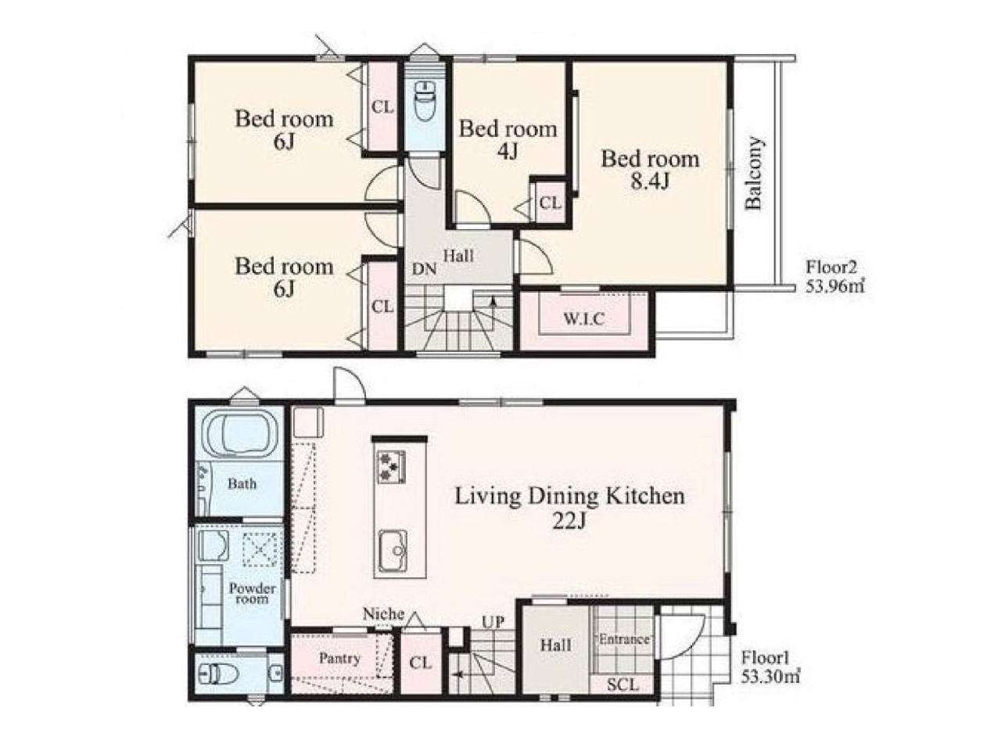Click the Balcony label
pyautogui.click(x=754, y=173)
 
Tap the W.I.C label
pyautogui.click(x=584, y=318)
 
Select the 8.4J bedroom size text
pyautogui.click(x=650, y=182)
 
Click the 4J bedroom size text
pyautogui.click(x=507, y=152)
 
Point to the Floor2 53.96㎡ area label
pyautogui.click(x=834, y=276)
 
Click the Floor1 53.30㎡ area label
pyautogui.click(x=770, y=667)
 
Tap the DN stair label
pyautogui.click(x=424, y=269)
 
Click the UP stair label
pyautogui.click(x=493, y=622)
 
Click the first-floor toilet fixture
pyautogui.click(x=220, y=674)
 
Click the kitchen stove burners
pyautogui.click(x=390, y=466)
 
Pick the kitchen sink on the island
pyautogui.click(x=392, y=552)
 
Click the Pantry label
pyautogui.click(x=339, y=659)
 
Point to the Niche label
pyautogui.click(x=383, y=614)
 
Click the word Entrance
pyautogui.click(x=624, y=639)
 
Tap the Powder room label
pyautogui.click(x=252, y=593)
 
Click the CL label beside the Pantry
pyautogui.click(x=420, y=663)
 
